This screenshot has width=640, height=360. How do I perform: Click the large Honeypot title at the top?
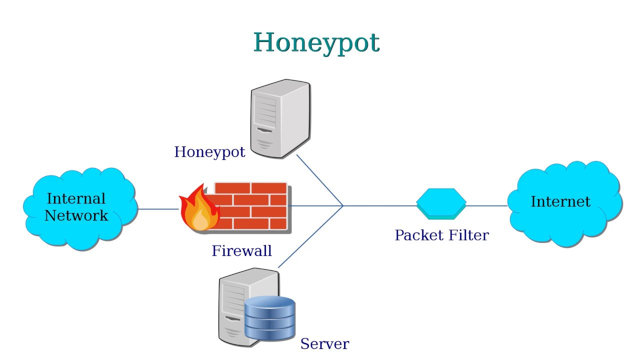click(316, 42)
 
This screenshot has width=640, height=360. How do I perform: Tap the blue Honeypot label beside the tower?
click(209, 152)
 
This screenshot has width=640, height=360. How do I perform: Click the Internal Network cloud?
click(80, 230)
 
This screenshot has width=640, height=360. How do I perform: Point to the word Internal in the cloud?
click(76, 198)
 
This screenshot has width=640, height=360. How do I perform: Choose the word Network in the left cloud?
click(76, 215)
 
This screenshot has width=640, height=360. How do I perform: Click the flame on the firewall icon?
click(199, 212)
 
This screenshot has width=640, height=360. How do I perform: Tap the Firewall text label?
click(241, 250)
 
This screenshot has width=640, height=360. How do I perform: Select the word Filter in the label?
click(468, 235)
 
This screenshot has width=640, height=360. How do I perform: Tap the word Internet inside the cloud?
click(560, 201)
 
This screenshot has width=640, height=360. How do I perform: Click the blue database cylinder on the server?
click(269, 318)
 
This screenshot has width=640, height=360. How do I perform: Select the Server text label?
click(324, 344)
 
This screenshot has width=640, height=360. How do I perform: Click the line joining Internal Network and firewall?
click(157, 209)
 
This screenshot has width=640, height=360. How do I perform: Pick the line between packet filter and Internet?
click(487, 205)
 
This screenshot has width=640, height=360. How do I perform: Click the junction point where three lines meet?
click(343, 205)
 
